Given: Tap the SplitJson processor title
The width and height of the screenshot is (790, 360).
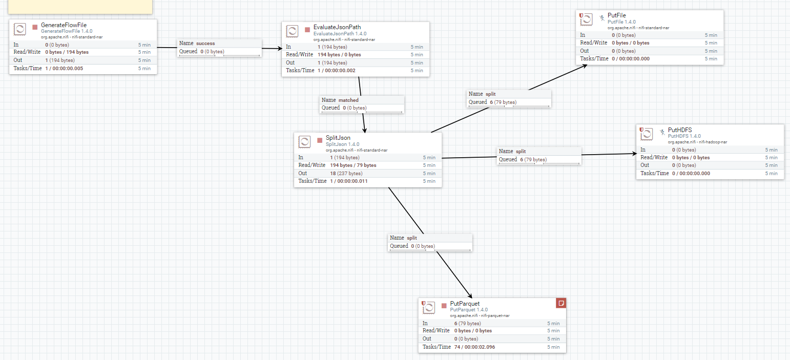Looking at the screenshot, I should (338, 138).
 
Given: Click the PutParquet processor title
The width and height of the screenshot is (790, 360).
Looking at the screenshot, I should (465, 304).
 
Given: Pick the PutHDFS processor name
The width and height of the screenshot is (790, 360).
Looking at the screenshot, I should (680, 130).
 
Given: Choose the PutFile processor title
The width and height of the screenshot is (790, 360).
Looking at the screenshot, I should (616, 16).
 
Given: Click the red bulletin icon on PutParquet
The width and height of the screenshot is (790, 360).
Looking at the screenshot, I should (561, 303).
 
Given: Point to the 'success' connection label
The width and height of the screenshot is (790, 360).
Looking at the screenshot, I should (205, 44).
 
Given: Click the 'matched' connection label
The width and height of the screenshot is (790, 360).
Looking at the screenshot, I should (348, 100).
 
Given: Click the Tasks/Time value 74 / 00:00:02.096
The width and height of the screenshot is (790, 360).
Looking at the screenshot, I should (474, 347).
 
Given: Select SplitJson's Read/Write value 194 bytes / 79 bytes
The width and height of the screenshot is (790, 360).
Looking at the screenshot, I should (353, 165).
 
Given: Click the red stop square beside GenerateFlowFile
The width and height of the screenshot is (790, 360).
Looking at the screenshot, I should (35, 27).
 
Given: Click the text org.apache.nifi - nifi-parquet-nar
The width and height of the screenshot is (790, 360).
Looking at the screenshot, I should (480, 315).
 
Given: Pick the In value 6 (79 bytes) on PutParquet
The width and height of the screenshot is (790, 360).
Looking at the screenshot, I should (467, 324).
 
